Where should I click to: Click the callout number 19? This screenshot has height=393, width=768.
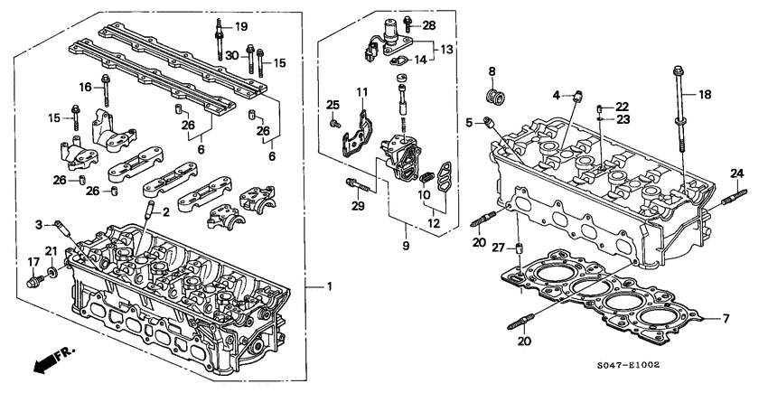[x=241, y=25]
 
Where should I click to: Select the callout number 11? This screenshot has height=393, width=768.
[x=361, y=93]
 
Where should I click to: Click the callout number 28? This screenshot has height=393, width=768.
[x=428, y=24]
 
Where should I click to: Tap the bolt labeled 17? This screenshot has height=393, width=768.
[x=34, y=281]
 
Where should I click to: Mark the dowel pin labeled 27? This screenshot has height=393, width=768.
[x=520, y=249]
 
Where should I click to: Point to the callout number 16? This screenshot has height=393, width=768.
[x=87, y=88]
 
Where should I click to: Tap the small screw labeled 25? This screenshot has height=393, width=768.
[x=333, y=122]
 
